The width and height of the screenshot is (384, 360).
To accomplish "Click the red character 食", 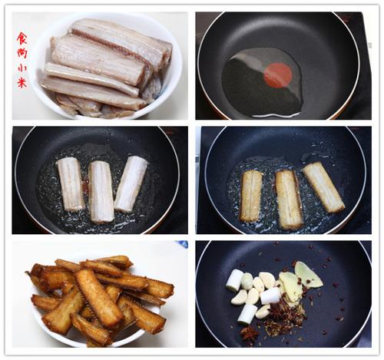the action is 22,38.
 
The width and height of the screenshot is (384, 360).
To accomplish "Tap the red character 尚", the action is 22,53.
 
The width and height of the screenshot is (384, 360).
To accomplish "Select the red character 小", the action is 22,68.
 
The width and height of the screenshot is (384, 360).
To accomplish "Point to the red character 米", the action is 22,83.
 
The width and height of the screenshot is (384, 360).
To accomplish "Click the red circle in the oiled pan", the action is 278,75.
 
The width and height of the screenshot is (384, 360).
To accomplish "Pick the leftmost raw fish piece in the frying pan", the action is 70,183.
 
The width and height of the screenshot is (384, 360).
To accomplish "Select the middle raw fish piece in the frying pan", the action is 101,192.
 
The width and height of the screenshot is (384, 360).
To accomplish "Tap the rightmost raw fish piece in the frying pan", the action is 131,184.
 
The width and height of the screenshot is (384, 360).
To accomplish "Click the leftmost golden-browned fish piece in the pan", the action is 251,196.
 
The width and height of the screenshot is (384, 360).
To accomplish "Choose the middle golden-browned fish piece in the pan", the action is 289,200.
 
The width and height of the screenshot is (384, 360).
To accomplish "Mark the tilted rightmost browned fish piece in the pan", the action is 323,187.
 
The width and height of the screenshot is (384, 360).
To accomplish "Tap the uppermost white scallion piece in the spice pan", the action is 234,280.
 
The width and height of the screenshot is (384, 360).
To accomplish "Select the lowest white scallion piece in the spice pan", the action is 247,315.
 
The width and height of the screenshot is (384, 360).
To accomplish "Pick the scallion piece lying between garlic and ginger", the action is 270,296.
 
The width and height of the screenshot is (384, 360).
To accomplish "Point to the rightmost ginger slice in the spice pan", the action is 308,275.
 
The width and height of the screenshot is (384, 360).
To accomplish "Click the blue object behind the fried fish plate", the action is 181,244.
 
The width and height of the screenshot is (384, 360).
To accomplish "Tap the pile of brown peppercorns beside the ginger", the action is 283,317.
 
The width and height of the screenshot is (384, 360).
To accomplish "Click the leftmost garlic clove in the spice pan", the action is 239,297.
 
